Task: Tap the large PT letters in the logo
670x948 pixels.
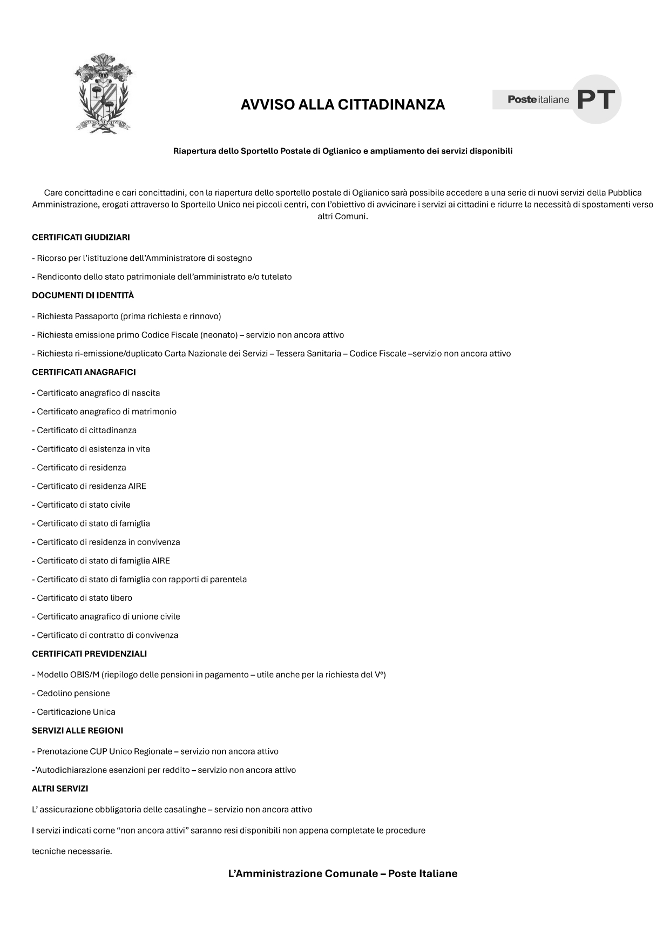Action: [595, 99]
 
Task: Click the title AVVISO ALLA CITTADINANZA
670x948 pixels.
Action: [342, 105]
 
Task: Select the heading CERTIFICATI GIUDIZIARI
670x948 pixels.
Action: [81, 237]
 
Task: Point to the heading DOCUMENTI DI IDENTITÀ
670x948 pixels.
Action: [83, 295]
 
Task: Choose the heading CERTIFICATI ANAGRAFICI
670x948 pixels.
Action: [84, 372]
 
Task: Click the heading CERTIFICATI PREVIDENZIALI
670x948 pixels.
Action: [89, 654]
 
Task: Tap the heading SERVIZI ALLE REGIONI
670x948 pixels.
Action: [77, 730]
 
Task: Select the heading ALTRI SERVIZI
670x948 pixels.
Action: [60, 789]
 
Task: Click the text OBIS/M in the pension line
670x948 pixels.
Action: [84, 675]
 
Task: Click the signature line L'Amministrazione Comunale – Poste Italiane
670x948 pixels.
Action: [342, 873]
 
